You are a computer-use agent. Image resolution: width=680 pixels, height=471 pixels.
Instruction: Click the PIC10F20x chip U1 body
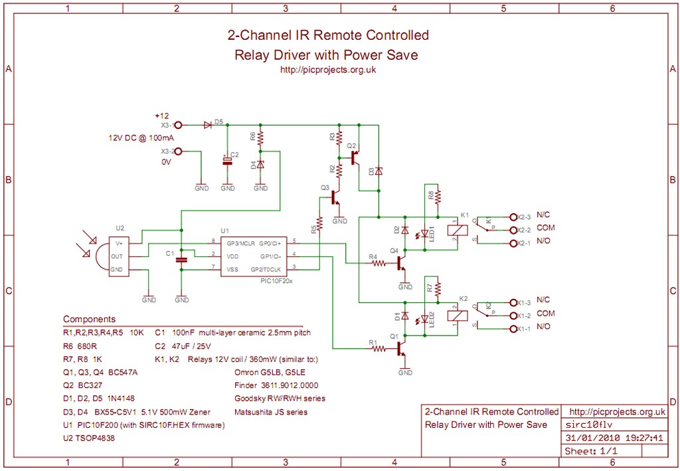click(x=254, y=255)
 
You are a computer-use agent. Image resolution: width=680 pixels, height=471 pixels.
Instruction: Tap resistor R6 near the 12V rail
click(x=260, y=138)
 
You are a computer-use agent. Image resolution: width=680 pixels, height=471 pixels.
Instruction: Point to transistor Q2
click(x=355, y=156)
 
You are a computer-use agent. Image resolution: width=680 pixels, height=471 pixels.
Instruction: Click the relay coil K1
click(x=456, y=230)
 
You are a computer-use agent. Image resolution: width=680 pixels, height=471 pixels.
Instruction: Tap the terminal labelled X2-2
click(x=512, y=230)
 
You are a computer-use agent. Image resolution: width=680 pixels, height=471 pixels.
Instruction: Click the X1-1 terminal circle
click(x=512, y=329)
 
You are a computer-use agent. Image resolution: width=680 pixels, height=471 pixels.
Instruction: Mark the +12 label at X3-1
click(x=161, y=115)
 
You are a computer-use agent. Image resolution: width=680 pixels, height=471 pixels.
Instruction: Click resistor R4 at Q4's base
click(x=379, y=263)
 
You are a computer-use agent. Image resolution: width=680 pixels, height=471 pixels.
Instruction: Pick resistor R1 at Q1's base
click(x=378, y=349)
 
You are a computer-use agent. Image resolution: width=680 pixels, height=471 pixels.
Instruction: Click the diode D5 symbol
click(x=208, y=124)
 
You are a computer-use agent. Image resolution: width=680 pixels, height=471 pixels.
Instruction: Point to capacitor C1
click(x=181, y=260)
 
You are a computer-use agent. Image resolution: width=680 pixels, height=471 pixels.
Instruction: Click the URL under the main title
click(x=328, y=70)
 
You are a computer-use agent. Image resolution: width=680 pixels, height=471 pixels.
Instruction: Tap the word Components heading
click(x=89, y=319)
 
